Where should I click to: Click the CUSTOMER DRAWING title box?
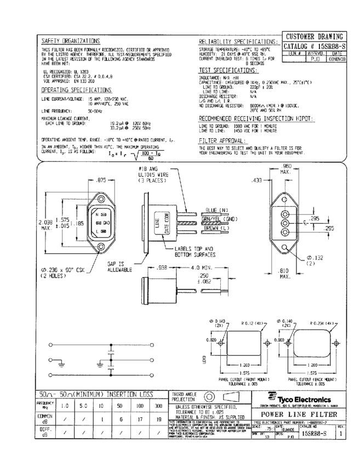point(315,36)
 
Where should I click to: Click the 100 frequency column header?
point(140,406)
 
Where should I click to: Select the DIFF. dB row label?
point(47,433)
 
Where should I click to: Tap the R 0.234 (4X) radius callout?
point(324,324)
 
